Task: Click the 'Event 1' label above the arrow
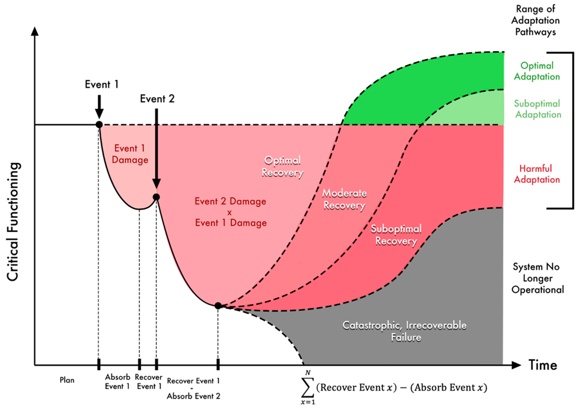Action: (102, 85)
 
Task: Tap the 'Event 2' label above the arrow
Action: (157, 99)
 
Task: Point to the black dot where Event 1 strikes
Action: (99, 125)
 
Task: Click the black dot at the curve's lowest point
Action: (218, 306)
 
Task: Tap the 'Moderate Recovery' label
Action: (344, 199)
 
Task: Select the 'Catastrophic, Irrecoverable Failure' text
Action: (405, 331)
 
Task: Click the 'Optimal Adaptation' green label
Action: (537, 71)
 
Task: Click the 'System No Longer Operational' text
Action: (537, 278)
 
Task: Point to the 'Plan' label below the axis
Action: (67, 380)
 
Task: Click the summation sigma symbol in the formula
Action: (308, 387)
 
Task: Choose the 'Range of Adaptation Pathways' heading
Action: (536, 21)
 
